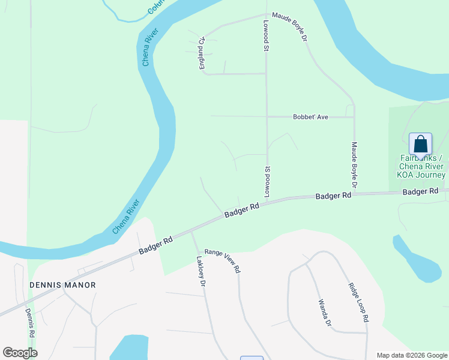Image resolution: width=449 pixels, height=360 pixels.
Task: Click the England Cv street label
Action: point(203,53)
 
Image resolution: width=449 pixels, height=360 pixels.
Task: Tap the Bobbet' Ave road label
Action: point(310,117)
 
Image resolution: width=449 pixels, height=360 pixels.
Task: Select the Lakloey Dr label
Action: point(202,271)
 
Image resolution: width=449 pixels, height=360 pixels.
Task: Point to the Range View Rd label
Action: point(222,261)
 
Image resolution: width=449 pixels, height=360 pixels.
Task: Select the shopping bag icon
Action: point(420,145)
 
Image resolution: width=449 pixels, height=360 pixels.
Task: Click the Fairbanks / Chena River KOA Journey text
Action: point(421,166)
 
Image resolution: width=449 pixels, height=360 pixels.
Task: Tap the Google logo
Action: point(20,353)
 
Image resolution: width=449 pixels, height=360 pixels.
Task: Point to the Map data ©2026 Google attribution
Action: point(411,355)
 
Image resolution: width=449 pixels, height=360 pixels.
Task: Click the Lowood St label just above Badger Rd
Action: point(268,182)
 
